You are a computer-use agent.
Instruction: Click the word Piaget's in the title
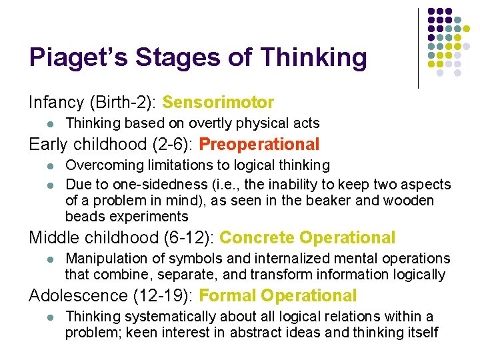[75, 58]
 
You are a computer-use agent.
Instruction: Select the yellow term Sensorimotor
[218, 103]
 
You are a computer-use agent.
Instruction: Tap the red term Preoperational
[259, 144]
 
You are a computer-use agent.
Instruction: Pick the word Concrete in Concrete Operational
[257, 237]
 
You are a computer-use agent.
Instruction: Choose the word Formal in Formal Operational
[227, 295]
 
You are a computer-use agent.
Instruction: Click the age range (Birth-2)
[123, 103]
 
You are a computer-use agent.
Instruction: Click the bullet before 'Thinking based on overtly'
[43, 124]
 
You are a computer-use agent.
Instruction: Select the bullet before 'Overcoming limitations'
[43, 165]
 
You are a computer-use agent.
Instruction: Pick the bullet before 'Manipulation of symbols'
[43, 259]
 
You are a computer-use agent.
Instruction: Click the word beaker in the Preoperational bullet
[317, 200]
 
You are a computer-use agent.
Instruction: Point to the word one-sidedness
[149, 183]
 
